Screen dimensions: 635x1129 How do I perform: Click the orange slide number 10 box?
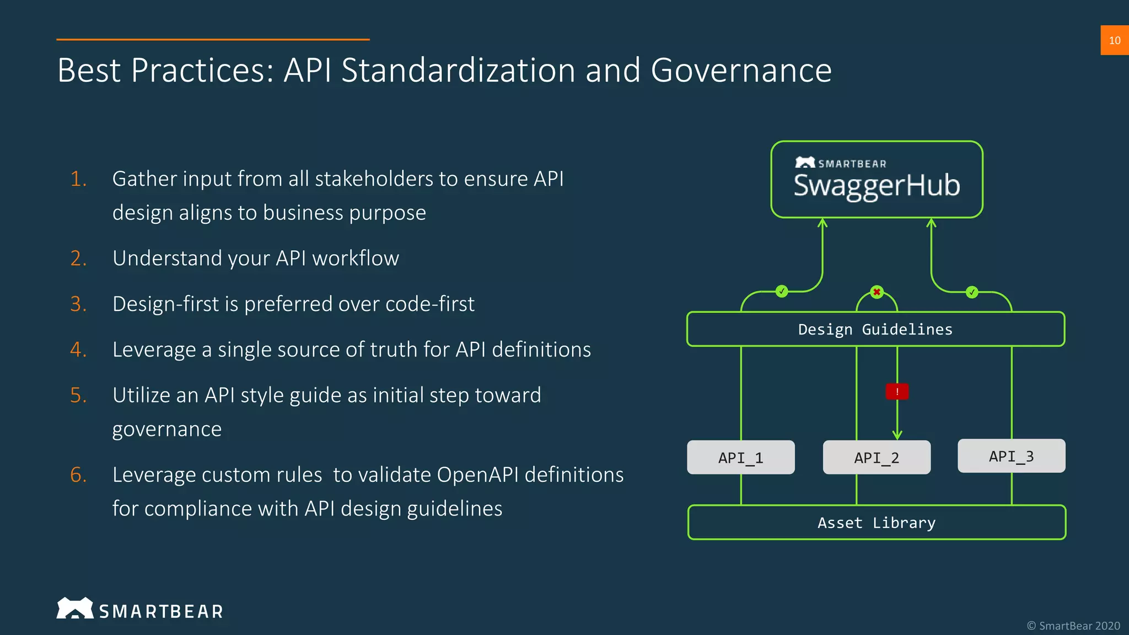click(1114, 40)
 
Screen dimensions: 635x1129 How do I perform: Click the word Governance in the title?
click(740, 71)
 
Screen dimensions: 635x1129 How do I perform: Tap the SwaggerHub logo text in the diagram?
click(877, 186)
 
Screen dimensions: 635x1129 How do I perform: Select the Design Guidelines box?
click(875, 330)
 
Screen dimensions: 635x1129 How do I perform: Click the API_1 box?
click(740, 458)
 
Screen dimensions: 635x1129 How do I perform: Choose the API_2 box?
click(877, 458)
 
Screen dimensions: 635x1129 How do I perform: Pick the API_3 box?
click(1011, 456)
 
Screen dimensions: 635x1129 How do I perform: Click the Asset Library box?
click(877, 523)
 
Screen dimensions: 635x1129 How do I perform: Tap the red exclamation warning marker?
click(897, 391)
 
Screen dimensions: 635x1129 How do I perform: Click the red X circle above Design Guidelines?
click(877, 292)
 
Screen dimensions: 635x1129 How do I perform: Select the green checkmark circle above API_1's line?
click(782, 291)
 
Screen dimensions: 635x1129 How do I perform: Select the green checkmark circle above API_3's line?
click(972, 292)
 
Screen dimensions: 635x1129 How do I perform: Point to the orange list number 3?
click(78, 304)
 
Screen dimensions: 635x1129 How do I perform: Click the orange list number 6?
click(78, 475)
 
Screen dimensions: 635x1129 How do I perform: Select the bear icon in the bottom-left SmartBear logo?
click(75, 609)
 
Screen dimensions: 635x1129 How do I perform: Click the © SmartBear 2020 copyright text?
click(1073, 626)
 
